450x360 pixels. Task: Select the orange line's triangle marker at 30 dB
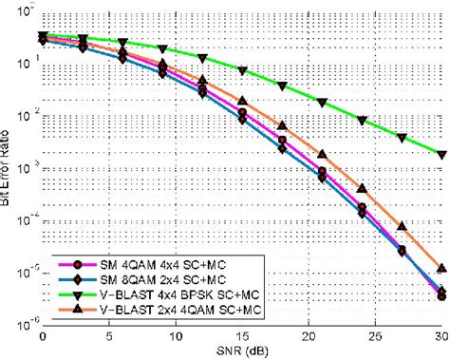click(441, 269)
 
